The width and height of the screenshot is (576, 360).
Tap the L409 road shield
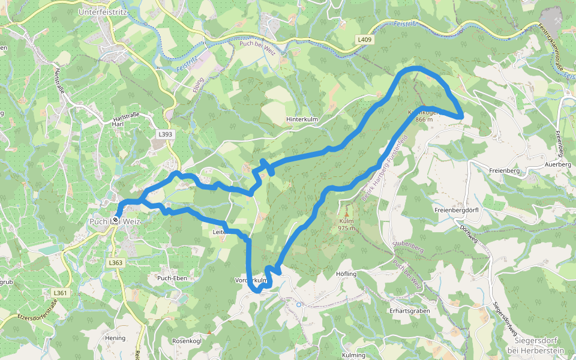(364, 40)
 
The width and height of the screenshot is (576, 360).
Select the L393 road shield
(166, 135)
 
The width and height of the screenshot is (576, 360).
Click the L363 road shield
(116, 263)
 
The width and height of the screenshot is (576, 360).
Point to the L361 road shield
(60, 293)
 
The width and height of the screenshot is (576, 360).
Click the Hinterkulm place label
(302, 119)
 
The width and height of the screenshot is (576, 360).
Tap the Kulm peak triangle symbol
(346, 214)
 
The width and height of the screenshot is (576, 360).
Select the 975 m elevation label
(346, 228)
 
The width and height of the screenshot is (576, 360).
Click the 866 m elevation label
(424, 119)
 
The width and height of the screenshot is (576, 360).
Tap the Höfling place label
(347, 274)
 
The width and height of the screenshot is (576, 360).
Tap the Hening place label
(115, 338)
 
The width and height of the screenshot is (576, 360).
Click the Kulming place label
(353, 355)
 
